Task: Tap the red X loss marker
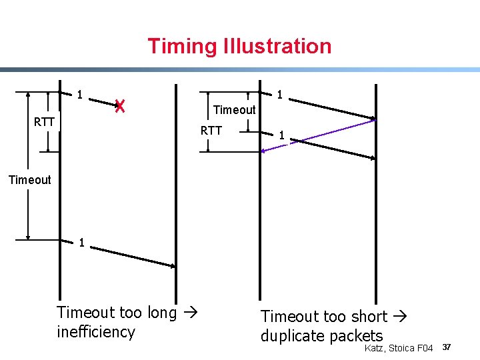tap(119, 105)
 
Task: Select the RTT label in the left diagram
tap(45, 122)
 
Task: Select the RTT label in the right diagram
tap(211, 131)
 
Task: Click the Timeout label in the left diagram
tap(29, 180)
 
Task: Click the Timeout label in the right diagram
tap(234, 110)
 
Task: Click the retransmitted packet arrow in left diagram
tap(133, 257)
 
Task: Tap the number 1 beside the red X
tap(79, 95)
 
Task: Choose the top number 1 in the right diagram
tap(280, 95)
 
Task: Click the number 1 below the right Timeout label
tap(282, 135)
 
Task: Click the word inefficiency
tap(96, 332)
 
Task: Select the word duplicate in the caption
tap(291, 336)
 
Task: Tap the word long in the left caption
tap(162, 313)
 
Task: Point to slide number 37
tap(447, 347)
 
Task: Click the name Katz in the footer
tap(375, 349)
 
